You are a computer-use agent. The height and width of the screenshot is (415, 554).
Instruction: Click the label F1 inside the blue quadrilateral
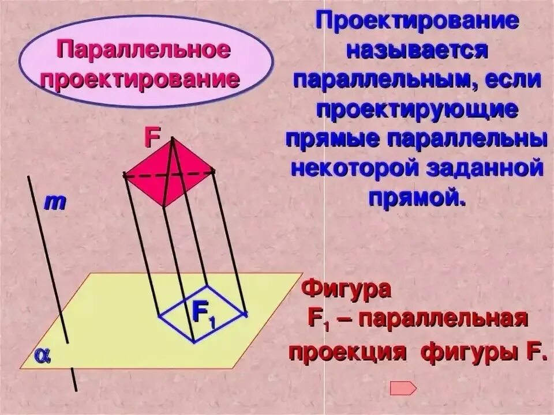pyautogui.click(x=203, y=314)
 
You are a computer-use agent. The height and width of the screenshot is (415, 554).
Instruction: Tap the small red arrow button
pyautogui.click(x=403, y=388)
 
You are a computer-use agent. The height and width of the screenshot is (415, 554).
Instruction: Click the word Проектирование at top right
pyautogui.click(x=417, y=22)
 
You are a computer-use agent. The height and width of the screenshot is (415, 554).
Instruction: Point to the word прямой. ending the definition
pyautogui.click(x=417, y=198)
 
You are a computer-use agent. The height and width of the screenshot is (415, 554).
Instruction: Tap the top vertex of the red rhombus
pyautogui.click(x=171, y=138)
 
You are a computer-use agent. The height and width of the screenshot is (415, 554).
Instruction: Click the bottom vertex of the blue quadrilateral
pyautogui.click(x=193, y=341)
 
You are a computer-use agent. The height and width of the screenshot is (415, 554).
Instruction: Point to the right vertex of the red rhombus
pyautogui.click(x=214, y=171)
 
